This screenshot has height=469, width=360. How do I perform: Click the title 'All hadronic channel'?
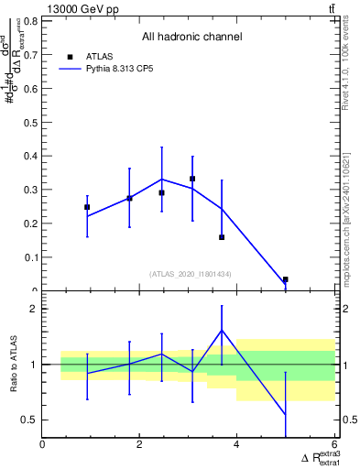[191, 37]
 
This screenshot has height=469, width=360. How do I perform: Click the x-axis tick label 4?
[237, 445]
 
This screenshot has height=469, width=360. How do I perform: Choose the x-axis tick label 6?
[334, 445]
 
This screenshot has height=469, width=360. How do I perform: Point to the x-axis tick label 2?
[140, 445]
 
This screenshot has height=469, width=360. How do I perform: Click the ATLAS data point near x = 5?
[286, 279]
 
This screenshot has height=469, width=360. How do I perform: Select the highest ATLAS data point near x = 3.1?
[192, 179]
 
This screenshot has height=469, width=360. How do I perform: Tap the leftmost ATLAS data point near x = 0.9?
[87, 207]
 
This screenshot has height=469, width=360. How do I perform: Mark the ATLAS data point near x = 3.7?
[222, 237]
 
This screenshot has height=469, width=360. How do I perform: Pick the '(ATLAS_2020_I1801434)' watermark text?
[190, 274]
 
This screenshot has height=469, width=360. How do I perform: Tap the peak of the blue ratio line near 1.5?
[222, 331]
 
